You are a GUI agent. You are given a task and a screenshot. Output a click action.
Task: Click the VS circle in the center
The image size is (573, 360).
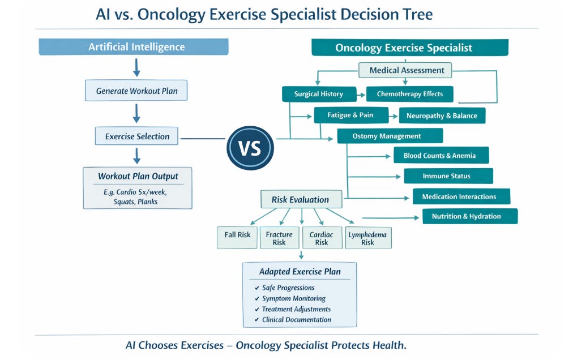[x=250, y=148]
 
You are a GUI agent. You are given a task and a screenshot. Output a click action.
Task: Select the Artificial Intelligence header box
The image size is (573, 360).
[x=134, y=47]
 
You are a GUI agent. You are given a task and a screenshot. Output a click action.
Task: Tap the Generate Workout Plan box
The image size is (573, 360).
[x=136, y=91]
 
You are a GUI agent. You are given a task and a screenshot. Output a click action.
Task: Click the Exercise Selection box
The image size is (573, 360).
[x=136, y=136]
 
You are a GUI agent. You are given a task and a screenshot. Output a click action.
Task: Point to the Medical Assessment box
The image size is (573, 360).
[x=405, y=70]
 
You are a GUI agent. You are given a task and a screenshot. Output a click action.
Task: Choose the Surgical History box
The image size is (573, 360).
[x=319, y=94]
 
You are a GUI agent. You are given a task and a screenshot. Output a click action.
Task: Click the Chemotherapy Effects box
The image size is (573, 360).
[x=410, y=94]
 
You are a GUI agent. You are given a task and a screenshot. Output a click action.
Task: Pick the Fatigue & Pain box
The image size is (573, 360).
[x=350, y=115]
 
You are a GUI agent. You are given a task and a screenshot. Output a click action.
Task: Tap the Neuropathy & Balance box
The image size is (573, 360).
[x=442, y=116]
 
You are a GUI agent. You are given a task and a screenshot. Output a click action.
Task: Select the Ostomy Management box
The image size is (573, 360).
[x=390, y=136]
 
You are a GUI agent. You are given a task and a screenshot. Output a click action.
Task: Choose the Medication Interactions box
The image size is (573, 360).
[x=459, y=197]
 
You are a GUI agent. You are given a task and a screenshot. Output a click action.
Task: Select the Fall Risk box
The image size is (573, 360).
[x=237, y=235]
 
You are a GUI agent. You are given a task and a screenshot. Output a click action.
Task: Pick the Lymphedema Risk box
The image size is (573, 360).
[x=368, y=238]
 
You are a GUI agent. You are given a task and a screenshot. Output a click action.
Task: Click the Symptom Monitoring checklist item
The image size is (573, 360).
[x=293, y=298]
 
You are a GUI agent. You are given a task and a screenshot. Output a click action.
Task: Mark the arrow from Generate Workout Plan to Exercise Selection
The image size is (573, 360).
[x=136, y=113]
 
